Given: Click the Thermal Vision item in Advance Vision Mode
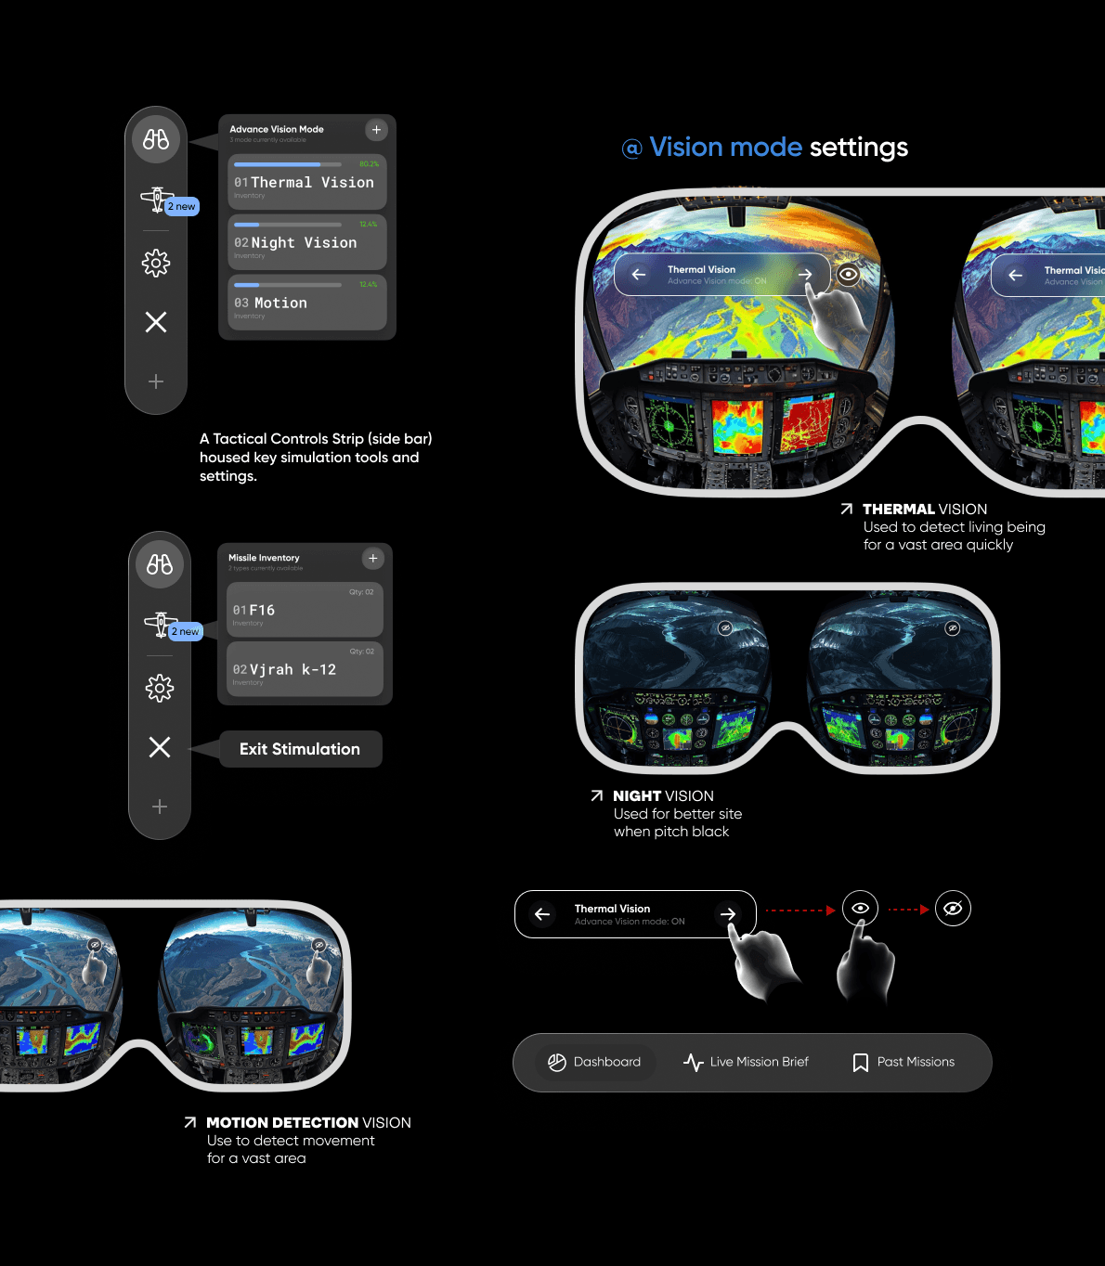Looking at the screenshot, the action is tap(306, 182).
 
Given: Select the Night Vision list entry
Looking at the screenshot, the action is tap(306, 242).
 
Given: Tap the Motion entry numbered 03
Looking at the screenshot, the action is tap(306, 303).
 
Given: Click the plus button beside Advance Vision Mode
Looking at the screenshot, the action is tap(376, 130).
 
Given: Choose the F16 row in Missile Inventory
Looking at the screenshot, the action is tap(305, 610).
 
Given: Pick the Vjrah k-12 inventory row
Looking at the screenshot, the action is tap(305, 669).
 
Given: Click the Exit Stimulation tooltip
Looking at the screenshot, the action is tap(300, 749).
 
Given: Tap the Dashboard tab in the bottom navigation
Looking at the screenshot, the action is tap(595, 1062).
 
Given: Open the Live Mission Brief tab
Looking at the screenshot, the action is tap(747, 1062).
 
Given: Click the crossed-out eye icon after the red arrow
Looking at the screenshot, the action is tap(953, 909).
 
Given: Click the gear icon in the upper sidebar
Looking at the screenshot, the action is tap(156, 264).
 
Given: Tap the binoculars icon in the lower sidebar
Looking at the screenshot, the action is tap(160, 564).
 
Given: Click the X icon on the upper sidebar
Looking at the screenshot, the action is tap(156, 322).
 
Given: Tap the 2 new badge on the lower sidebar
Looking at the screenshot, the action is tap(186, 631).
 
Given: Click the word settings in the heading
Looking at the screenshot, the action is tap(859, 148).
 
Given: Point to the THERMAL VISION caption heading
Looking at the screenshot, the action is tap(924, 510).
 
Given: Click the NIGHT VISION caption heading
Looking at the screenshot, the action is tap(663, 796).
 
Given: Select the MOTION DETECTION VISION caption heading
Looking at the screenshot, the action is tap(308, 1123).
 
